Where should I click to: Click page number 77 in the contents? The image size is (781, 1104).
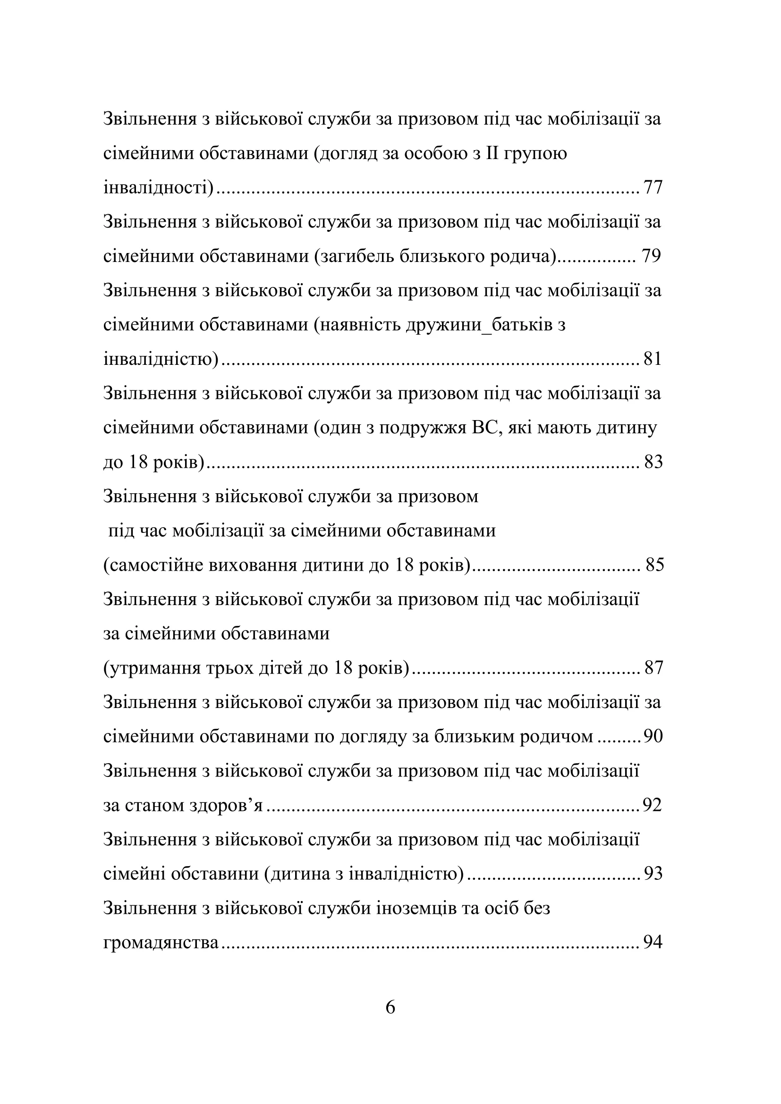(x=653, y=187)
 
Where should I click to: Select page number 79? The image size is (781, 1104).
(x=651, y=256)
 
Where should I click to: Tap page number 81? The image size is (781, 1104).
(x=653, y=359)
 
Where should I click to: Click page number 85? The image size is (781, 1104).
(x=654, y=565)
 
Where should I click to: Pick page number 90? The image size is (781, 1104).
(x=653, y=737)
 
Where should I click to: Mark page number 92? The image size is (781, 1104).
(x=653, y=805)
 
